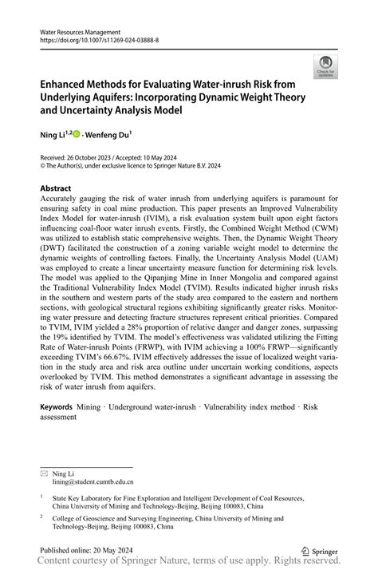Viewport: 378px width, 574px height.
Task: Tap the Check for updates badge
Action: click(x=325, y=67)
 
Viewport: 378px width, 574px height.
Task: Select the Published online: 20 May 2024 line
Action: click(x=89, y=550)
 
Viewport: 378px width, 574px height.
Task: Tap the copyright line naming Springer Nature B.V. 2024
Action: click(x=131, y=166)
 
